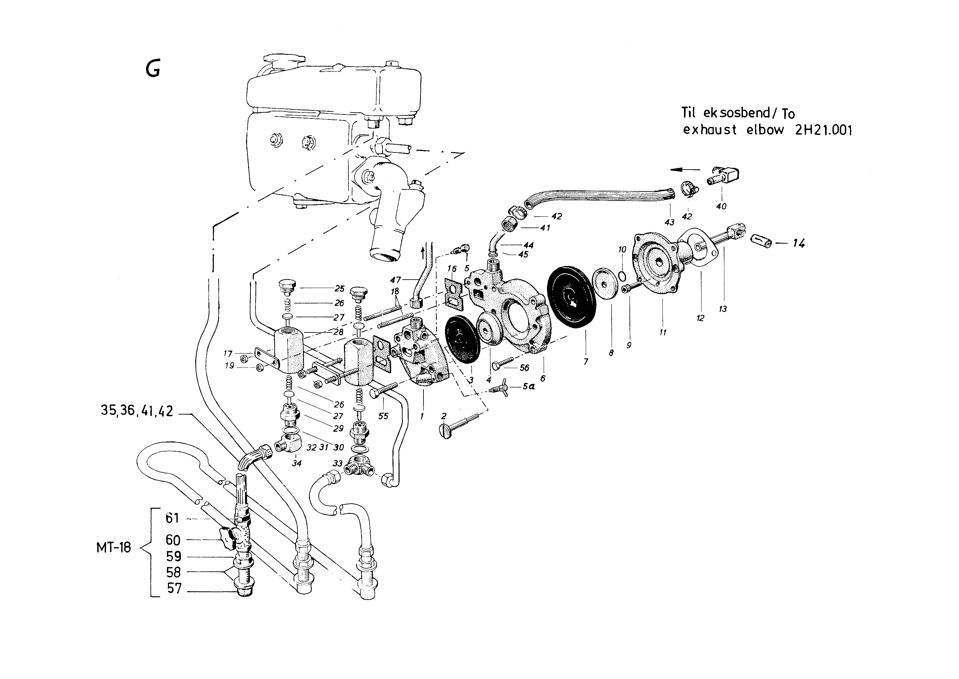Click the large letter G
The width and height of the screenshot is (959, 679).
[153, 69]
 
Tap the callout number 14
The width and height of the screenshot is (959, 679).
[798, 243]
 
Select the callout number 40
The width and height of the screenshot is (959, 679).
[721, 206]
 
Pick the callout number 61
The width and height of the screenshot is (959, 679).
[172, 519]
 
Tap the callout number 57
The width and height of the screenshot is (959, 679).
[174, 588]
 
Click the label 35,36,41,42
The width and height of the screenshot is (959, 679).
[137, 411]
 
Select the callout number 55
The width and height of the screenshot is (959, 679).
[383, 416]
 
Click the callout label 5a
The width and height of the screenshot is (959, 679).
[528, 387]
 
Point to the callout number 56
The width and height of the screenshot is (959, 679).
[524, 367]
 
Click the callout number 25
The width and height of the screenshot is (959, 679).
[339, 288]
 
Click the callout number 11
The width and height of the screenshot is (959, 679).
[662, 332]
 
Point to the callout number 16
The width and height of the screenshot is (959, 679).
[451, 269]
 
